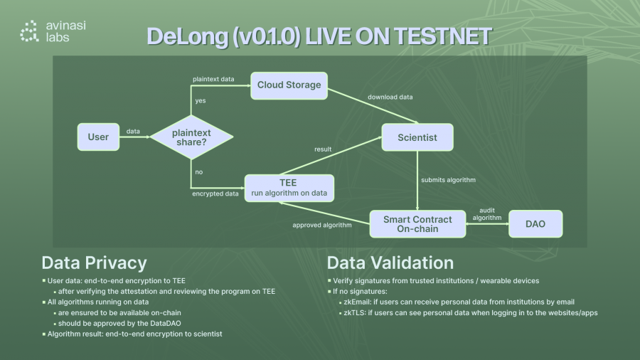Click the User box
point(98,137)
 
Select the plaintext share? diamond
point(192,137)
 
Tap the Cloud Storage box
point(289,85)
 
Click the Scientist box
point(417,137)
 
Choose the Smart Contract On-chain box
point(417,224)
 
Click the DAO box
point(535,224)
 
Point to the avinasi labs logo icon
point(29,31)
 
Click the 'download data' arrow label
point(390,97)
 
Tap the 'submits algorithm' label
point(448,179)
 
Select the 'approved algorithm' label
point(322,226)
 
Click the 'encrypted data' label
point(215,194)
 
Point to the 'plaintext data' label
point(213,78)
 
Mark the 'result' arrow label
point(324,149)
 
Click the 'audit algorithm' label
point(487,213)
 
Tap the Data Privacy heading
point(94,263)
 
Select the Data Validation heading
point(390,263)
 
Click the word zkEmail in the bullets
point(357,302)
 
